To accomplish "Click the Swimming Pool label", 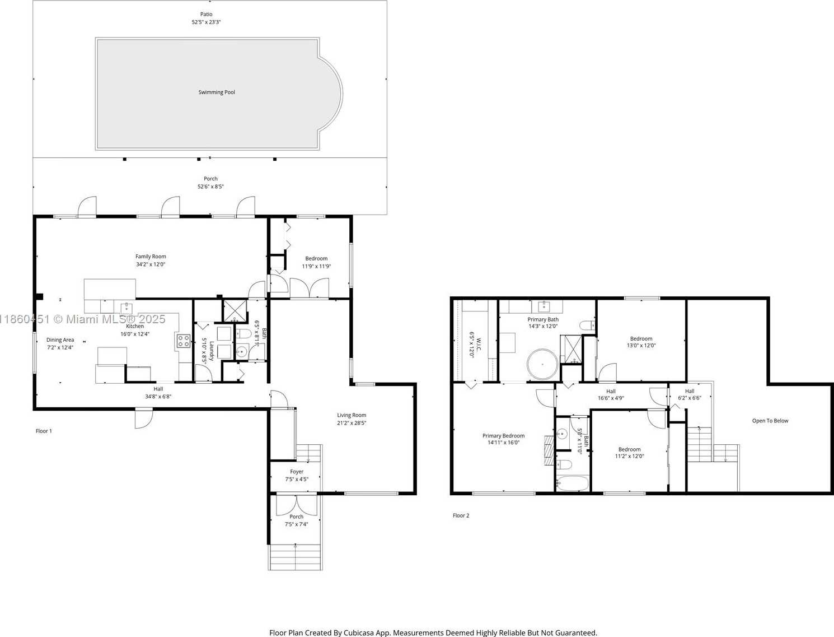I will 217,92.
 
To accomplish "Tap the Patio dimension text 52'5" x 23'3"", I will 207,22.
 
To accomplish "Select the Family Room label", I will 151,257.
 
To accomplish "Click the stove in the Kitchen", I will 184,341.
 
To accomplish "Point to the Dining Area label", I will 60,340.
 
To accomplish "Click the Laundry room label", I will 212,351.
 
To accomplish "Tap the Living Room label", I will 352,415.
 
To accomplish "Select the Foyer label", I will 297,472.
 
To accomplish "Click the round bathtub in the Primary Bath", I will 542,364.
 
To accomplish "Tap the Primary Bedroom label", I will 503,436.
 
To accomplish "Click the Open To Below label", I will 770,421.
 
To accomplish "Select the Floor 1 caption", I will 44,431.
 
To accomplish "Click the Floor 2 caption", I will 461,515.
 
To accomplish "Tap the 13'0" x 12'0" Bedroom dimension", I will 641,346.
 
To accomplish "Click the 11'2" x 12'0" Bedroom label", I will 629,449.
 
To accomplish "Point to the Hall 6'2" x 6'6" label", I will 690,391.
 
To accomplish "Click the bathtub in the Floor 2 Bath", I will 572,483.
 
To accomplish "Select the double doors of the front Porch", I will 296,505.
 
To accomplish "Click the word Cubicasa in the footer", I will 359,633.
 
